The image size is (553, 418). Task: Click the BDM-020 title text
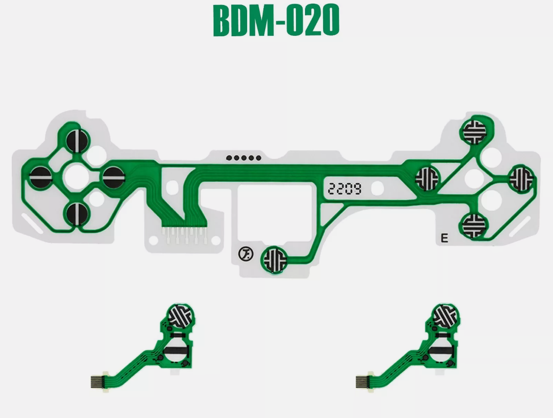pos(276,20)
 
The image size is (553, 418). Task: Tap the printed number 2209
pos(345,189)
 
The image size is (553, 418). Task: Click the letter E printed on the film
pos(444,238)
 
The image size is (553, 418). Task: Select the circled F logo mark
pos(246,254)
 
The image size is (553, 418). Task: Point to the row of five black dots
pos(243,158)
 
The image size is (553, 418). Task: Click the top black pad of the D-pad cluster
pos(77,141)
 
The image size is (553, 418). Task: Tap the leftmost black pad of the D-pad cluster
pos(41,178)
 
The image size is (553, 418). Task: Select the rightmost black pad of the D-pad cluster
pos(114,178)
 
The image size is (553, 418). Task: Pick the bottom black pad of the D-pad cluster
pos(77,214)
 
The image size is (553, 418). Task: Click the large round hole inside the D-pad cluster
pos(76,177)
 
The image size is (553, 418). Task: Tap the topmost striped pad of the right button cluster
pos(475,132)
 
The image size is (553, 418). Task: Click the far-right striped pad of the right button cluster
pos(521,179)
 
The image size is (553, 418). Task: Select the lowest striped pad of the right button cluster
pos(474,225)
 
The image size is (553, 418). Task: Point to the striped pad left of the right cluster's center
pos(427,179)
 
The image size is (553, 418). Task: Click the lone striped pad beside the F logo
pos(275,260)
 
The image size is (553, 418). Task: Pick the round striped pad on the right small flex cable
pos(445,316)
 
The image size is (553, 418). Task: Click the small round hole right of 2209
pos(377,188)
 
